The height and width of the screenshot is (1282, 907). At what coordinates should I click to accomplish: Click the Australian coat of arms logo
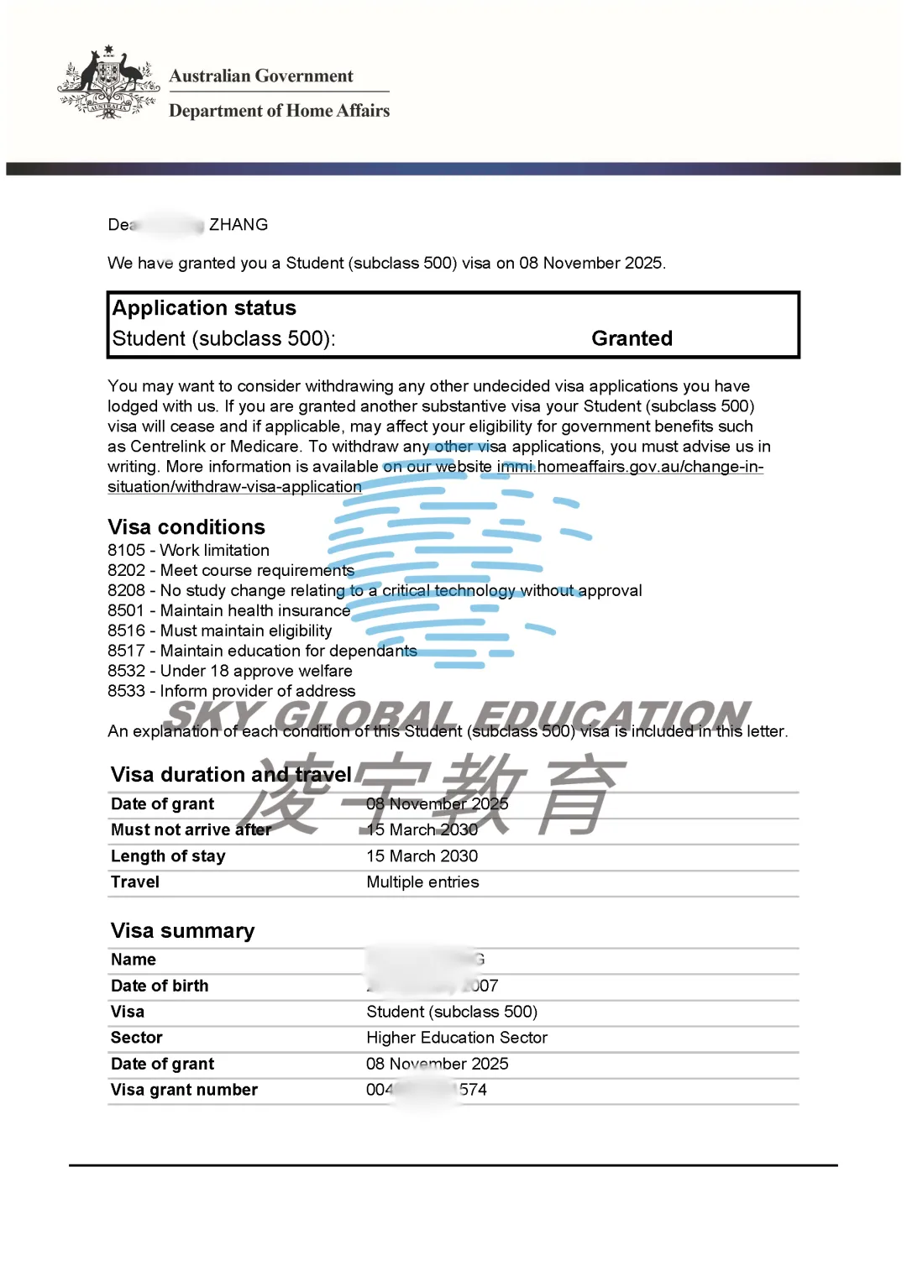click(x=108, y=83)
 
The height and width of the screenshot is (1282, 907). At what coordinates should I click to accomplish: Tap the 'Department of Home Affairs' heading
click(x=279, y=111)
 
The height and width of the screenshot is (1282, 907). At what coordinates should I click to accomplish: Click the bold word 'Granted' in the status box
click(x=632, y=338)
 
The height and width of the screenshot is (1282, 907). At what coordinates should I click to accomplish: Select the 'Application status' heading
click(x=204, y=308)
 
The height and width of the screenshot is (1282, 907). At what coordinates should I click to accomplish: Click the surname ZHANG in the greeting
click(x=239, y=225)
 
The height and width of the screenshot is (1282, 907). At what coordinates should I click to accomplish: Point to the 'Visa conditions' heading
click(x=186, y=527)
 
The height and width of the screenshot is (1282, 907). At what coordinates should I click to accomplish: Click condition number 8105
click(x=126, y=551)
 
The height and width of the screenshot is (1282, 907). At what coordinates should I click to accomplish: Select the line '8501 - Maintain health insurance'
click(x=228, y=611)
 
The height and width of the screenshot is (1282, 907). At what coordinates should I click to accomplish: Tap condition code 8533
click(x=126, y=692)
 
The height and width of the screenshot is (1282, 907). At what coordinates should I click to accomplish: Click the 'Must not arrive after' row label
click(x=191, y=830)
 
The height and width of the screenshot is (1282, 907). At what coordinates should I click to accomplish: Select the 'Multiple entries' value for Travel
click(x=422, y=882)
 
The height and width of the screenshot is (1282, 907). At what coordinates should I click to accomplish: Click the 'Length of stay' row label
click(x=168, y=856)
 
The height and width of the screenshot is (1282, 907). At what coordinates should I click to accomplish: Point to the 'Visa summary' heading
click(x=182, y=931)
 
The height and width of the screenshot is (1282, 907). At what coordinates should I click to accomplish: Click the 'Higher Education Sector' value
click(x=456, y=1038)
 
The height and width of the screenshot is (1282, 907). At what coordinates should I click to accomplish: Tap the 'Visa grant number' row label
click(x=184, y=1090)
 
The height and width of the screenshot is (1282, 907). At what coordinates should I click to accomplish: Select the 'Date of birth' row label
click(x=160, y=986)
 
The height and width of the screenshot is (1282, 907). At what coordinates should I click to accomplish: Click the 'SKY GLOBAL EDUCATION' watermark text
click(x=458, y=715)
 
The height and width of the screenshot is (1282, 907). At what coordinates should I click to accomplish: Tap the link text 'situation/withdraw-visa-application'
click(x=234, y=487)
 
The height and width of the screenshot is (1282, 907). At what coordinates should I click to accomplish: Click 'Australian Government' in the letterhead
click(x=261, y=76)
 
